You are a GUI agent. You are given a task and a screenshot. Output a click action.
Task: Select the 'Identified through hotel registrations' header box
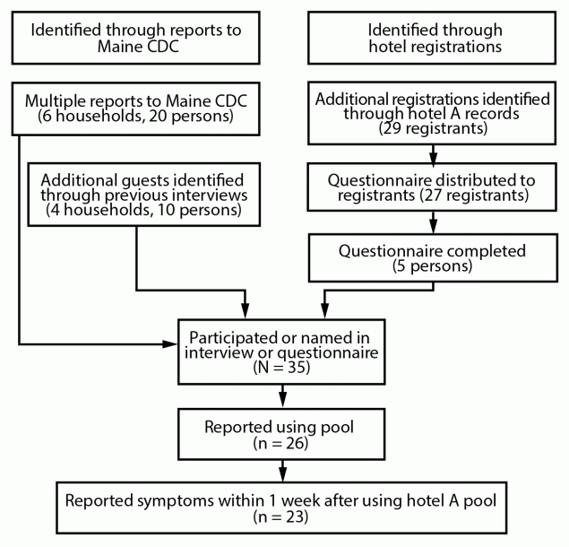(434, 39)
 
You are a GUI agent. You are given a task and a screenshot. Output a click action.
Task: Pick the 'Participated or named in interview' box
(283, 351)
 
